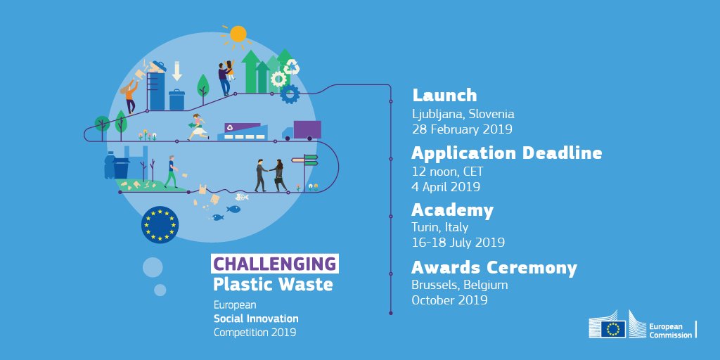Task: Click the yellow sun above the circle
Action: tap(238, 34)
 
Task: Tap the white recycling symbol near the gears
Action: tap(292, 67)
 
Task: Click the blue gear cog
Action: tap(289, 94)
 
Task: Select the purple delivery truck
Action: tap(302, 131)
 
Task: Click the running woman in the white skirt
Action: tap(198, 127)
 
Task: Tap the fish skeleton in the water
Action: tap(242, 197)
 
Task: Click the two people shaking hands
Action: tap(270, 174)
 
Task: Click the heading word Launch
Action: tap(444, 95)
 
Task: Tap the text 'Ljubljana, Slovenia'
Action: tap(463, 114)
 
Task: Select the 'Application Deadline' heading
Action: tap(506, 153)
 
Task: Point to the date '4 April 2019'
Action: tap(446, 187)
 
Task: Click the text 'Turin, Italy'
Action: tap(439, 227)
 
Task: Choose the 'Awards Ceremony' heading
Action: tap(494, 268)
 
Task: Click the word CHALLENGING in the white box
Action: tap(274, 264)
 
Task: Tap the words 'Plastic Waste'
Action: tap(273, 285)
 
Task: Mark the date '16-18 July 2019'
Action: tap(458, 243)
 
